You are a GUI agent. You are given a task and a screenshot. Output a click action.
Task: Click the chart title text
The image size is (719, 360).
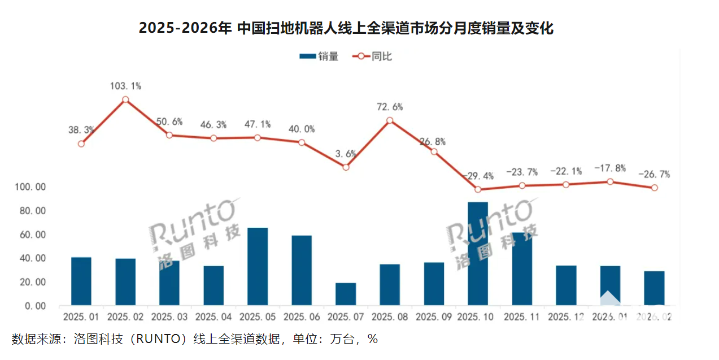pyautogui.click(x=346, y=28)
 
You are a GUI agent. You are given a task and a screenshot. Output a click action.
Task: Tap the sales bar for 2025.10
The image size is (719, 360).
pyautogui.click(x=478, y=254)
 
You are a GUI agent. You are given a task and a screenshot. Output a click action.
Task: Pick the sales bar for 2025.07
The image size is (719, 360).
pyautogui.click(x=346, y=294)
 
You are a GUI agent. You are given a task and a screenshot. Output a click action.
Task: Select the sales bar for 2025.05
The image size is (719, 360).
pyautogui.click(x=258, y=266)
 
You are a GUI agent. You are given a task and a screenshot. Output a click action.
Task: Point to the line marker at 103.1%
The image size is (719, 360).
pyautogui.click(x=125, y=99)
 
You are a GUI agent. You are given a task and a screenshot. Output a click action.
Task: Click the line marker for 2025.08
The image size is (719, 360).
pyautogui.click(x=390, y=120)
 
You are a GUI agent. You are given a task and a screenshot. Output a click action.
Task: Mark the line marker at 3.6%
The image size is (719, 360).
pyautogui.click(x=346, y=167)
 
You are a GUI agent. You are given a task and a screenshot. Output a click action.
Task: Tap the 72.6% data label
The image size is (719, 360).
pyautogui.click(x=390, y=107)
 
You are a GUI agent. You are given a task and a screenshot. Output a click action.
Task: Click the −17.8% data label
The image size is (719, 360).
pyautogui.click(x=610, y=168)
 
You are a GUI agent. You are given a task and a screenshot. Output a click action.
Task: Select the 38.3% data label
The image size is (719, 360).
pyautogui.click(x=81, y=129)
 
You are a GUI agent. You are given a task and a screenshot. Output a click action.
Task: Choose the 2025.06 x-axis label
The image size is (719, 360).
pyautogui.click(x=302, y=317)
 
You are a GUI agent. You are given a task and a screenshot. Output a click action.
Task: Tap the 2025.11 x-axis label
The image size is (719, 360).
pyautogui.click(x=522, y=317)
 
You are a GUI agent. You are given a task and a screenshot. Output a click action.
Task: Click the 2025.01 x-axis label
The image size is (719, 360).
pyautogui.click(x=81, y=317)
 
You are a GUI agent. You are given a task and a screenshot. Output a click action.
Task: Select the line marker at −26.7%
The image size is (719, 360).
pyautogui.click(x=654, y=188)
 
